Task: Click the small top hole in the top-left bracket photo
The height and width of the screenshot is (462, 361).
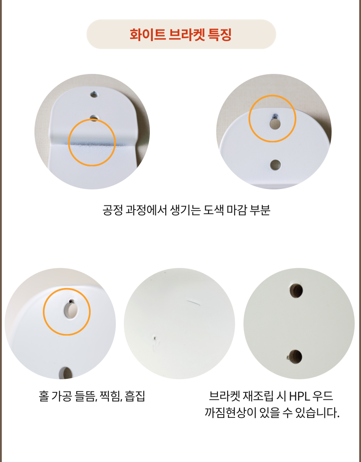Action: pyautogui.click(x=94, y=95)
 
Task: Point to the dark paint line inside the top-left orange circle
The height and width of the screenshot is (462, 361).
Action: pyautogui.click(x=92, y=144)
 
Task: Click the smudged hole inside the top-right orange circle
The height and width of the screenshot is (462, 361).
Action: pyautogui.click(x=275, y=123)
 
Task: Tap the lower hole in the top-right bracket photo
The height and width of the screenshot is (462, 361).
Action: pyautogui.click(x=275, y=165)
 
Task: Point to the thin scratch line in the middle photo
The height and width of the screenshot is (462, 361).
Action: pyautogui.click(x=193, y=302)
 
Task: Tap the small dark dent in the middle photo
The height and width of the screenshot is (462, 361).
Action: pyautogui.click(x=155, y=338)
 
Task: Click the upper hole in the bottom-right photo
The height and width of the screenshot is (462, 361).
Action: pyautogui.click(x=296, y=291)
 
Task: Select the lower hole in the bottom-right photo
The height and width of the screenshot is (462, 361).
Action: pyautogui.click(x=296, y=357)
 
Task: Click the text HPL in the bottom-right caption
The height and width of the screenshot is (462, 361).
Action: pyautogui.click(x=299, y=396)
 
